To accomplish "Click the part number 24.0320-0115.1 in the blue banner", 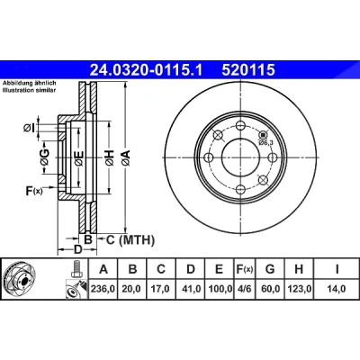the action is pyautogui.click(x=147, y=70).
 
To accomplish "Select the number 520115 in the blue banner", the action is pyautogui.click(x=248, y=70).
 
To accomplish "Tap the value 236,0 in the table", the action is pyautogui.click(x=103, y=289).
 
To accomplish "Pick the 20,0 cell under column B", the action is pyautogui.click(x=132, y=289).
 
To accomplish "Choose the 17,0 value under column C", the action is pyautogui.click(x=161, y=289).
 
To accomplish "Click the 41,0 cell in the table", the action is pyautogui.click(x=191, y=289).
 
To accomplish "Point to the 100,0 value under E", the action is pyautogui.click(x=220, y=289).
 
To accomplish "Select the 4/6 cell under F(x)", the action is pyautogui.click(x=244, y=289).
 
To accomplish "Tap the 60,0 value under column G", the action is pyautogui.click(x=270, y=289).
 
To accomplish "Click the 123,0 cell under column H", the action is pyautogui.click(x=299, y=289).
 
